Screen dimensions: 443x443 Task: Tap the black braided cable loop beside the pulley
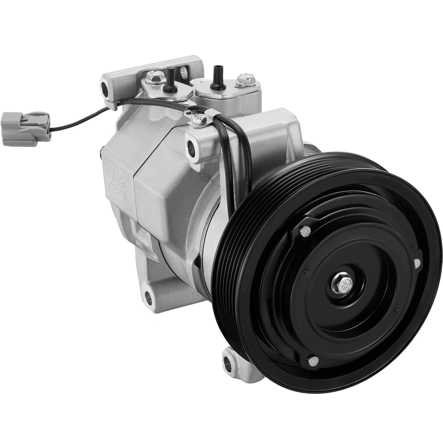click(x=235, y=155)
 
